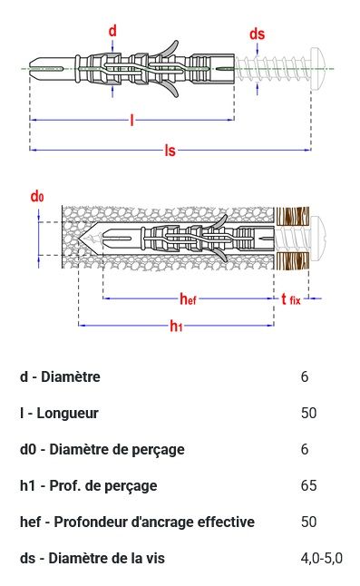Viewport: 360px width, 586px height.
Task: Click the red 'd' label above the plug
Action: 112,31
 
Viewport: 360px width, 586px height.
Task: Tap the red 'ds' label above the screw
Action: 257,34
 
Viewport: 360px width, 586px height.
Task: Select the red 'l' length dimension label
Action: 131,120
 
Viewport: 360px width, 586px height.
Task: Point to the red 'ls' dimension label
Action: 170,151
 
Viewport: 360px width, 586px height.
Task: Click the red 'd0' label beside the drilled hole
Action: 37,196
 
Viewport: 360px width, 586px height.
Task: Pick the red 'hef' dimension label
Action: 188,298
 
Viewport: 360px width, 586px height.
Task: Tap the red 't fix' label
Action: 291,299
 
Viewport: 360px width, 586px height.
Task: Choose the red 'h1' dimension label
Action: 176,326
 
